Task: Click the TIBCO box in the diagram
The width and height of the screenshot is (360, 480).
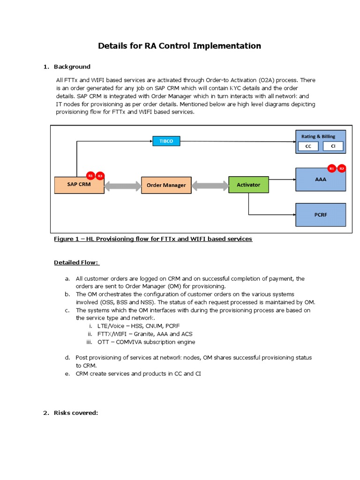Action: [166, 141]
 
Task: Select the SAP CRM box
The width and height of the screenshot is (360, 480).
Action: [79, 185]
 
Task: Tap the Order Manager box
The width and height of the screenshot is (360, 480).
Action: [166, 185]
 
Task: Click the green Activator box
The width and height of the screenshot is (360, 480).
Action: [248, 185]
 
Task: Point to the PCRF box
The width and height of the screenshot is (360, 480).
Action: [321, 215]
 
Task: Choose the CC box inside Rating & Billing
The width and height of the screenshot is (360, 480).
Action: [308, 146]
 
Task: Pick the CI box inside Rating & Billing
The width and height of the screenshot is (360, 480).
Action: [333, 146]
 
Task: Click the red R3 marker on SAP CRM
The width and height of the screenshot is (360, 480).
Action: [100, 176]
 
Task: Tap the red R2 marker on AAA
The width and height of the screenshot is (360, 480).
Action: [342, 168]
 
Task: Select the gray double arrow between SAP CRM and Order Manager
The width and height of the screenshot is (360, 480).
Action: [122, 186]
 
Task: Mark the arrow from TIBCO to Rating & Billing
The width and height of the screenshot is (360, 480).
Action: [237, 141]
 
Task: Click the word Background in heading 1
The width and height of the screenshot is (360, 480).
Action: [72, 67]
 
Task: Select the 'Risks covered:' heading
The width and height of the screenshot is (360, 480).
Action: [76, 413]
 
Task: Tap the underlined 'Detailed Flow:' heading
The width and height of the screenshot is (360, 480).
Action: [77, 262]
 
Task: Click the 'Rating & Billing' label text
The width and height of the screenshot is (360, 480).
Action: [318, 136]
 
